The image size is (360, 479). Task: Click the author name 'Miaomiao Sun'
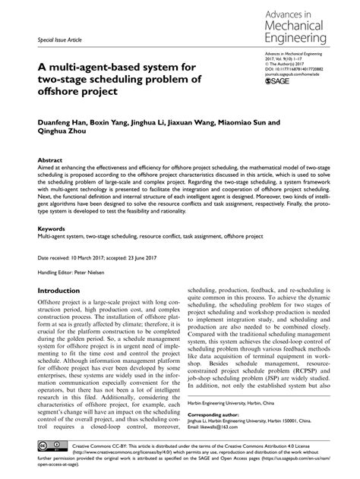(x=232, y=121)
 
